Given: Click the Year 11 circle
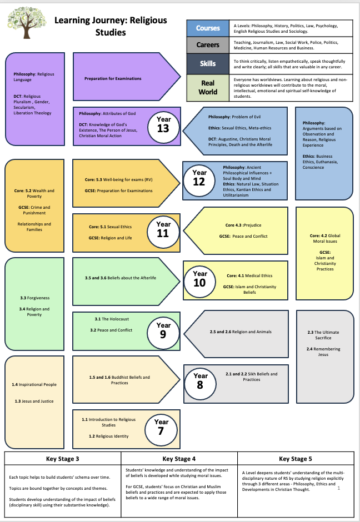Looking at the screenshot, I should [163, 229].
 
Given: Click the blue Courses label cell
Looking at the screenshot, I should [208, 28].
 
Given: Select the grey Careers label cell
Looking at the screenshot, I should [208, 45].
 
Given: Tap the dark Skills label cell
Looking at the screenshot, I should [208, 63].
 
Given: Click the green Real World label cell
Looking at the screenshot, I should [208, 88].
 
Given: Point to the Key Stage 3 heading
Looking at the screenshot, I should [62, 459].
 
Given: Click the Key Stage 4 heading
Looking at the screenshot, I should [179, 459].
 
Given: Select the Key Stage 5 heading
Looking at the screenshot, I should [295, 459].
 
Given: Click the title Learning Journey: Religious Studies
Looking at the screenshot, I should [111, 26].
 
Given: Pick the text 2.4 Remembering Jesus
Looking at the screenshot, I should [323, 352].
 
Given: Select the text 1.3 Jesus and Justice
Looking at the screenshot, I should [34, 401].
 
